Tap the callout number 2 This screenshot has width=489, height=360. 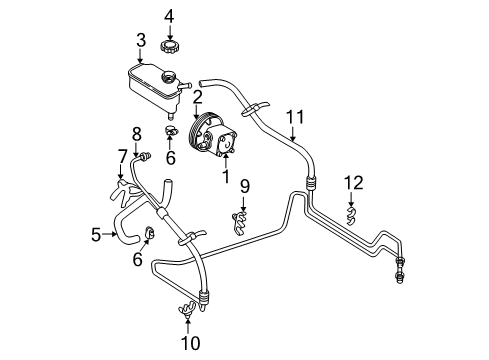(x=198, y=97)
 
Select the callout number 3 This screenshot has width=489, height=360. (x=141, y=40)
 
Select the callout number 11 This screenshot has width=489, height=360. (x=293, y=118)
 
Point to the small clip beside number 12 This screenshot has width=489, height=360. (x=349, y=212)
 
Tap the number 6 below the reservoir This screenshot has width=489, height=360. (x=169, y=157)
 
